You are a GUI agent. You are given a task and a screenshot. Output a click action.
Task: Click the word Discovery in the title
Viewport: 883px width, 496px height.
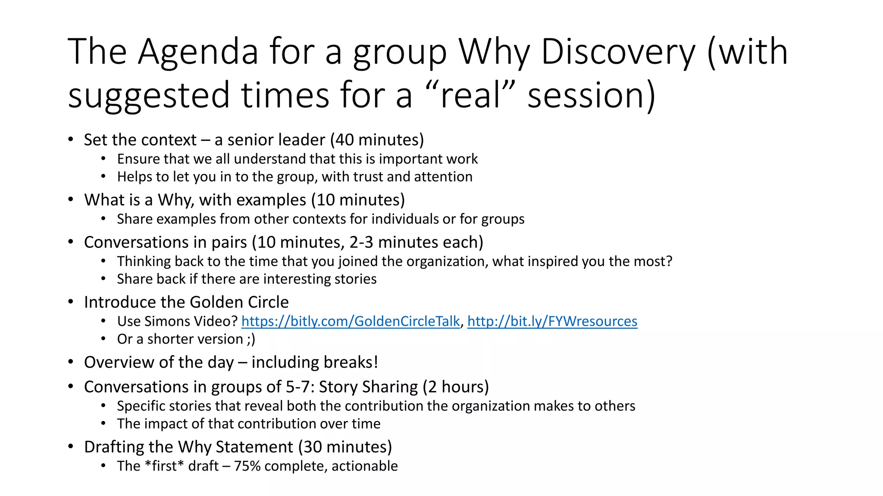(617, 52)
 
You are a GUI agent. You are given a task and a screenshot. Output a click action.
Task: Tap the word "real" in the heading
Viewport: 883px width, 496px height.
(470, 95)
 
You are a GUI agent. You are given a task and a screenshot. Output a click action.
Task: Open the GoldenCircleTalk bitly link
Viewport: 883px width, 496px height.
(351, 321)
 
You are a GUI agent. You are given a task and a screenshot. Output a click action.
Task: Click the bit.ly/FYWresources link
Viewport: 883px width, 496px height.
(552, 321)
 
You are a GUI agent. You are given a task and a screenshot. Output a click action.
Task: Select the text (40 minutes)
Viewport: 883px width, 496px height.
(377, 140)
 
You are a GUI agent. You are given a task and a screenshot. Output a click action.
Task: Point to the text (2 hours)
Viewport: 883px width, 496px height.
(456, 387)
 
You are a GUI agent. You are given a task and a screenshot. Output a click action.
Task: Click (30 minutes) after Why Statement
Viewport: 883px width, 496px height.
(345, 447)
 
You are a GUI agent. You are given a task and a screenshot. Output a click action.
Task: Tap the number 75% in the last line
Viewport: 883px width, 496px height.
(247, 466)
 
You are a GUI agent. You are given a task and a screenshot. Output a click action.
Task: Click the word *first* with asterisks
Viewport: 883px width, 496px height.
(164, 466)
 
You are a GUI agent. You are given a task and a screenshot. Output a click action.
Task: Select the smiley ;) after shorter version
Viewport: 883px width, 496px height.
(251, 339)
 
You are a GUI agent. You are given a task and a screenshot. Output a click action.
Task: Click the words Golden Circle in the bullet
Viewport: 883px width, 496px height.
(239, 302)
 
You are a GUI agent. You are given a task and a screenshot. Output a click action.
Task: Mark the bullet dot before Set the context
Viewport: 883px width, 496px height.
(71, 140)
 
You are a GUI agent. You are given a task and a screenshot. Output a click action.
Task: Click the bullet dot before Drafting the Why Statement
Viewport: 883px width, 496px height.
(71, 447)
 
